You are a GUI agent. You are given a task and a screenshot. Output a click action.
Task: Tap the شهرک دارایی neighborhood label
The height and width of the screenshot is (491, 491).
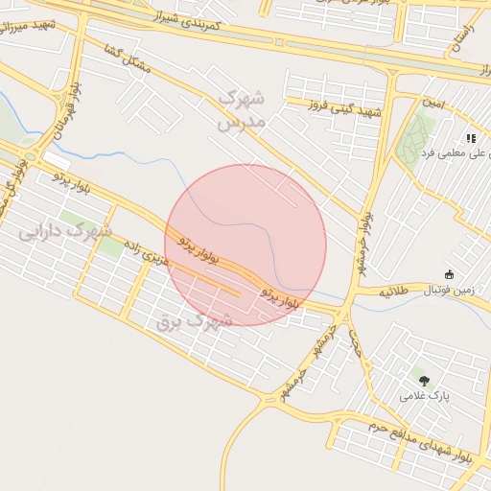(x=65, y=231)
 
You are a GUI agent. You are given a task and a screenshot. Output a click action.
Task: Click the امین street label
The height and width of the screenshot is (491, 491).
(x=433, y=103)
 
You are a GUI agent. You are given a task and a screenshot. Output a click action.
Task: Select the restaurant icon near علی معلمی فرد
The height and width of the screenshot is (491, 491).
(x=471, y=138)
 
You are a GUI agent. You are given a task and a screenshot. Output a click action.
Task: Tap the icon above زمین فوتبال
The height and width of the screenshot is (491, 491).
(x=449, y=274)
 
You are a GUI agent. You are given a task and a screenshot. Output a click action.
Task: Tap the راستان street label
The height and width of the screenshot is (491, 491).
(x=461, y=42)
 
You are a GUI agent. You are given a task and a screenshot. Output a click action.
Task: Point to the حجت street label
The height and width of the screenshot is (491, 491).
(x=354, y=341)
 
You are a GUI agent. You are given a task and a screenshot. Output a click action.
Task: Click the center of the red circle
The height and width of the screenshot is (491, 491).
(x=245, y=245)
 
